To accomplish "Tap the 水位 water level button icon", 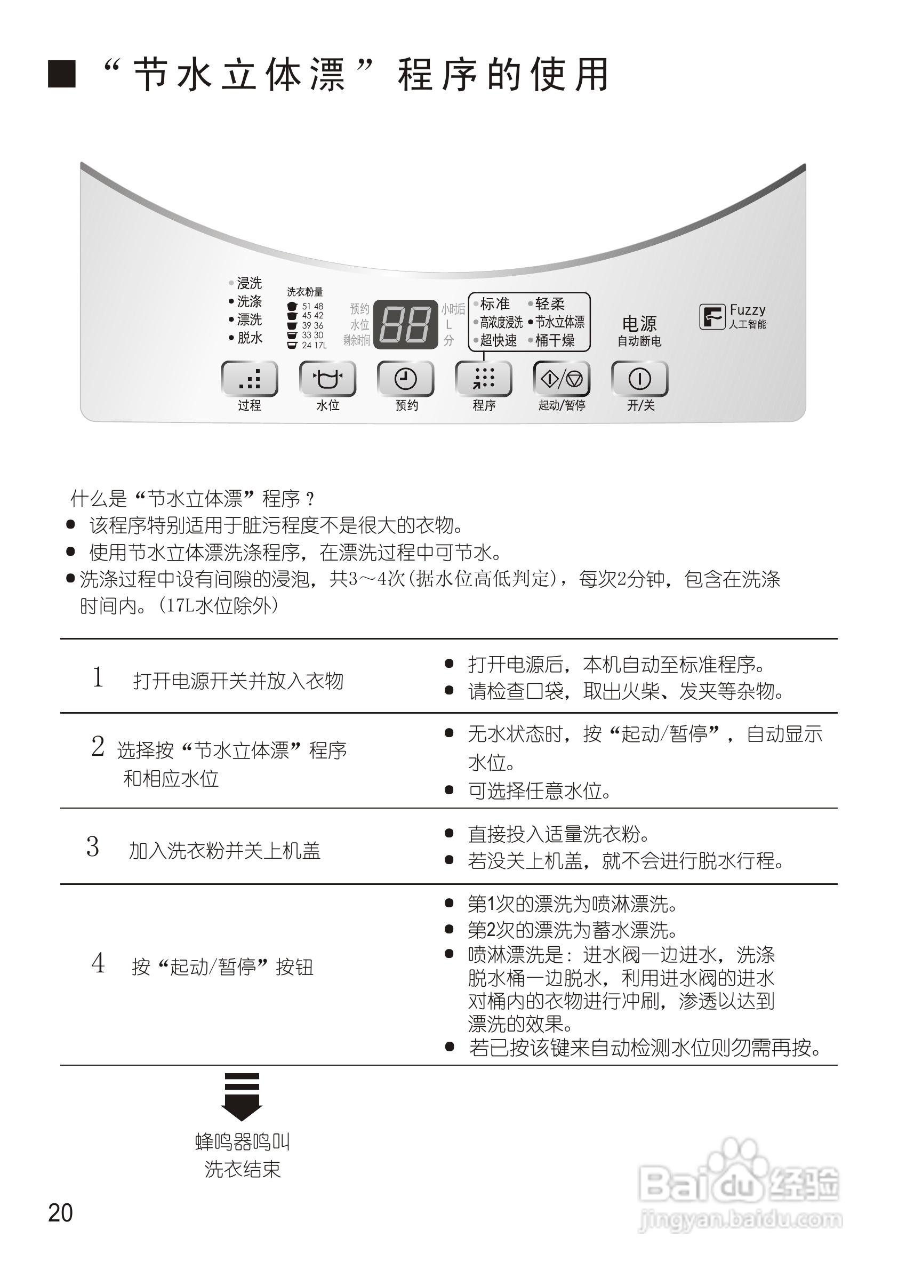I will tap(327, 379).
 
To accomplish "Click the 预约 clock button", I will tap(405, 379).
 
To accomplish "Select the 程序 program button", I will tap(483, 379).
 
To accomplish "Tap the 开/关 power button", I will tap(640, 379).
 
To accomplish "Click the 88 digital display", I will tap(405, 325).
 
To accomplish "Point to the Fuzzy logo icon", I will tap(712, 317).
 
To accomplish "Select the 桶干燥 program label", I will tap(555, 340).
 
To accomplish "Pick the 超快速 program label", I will tap(498, 340).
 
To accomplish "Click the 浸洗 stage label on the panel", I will tap(249, 283).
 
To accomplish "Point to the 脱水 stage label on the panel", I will tap(250, 338).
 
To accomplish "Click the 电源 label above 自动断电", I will tap(639, 324).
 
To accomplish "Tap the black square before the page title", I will tap(62, 74).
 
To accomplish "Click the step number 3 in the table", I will tap(93, 847).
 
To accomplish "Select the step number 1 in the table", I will tap(98, 677).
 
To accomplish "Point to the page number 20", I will tap(60, 1212).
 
